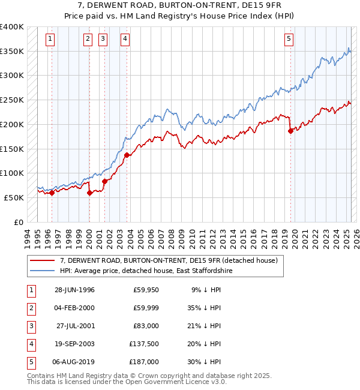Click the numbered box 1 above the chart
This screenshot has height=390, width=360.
(x=49, y=40)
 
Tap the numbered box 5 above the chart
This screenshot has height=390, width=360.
(x=289, y=40)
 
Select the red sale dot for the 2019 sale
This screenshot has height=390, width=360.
(x=290, y=131)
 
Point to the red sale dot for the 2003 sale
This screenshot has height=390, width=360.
(x=127, y=155)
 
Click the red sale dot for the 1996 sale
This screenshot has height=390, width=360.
(x=52, y=193)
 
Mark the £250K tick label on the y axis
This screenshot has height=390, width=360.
(x=13, y=100)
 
